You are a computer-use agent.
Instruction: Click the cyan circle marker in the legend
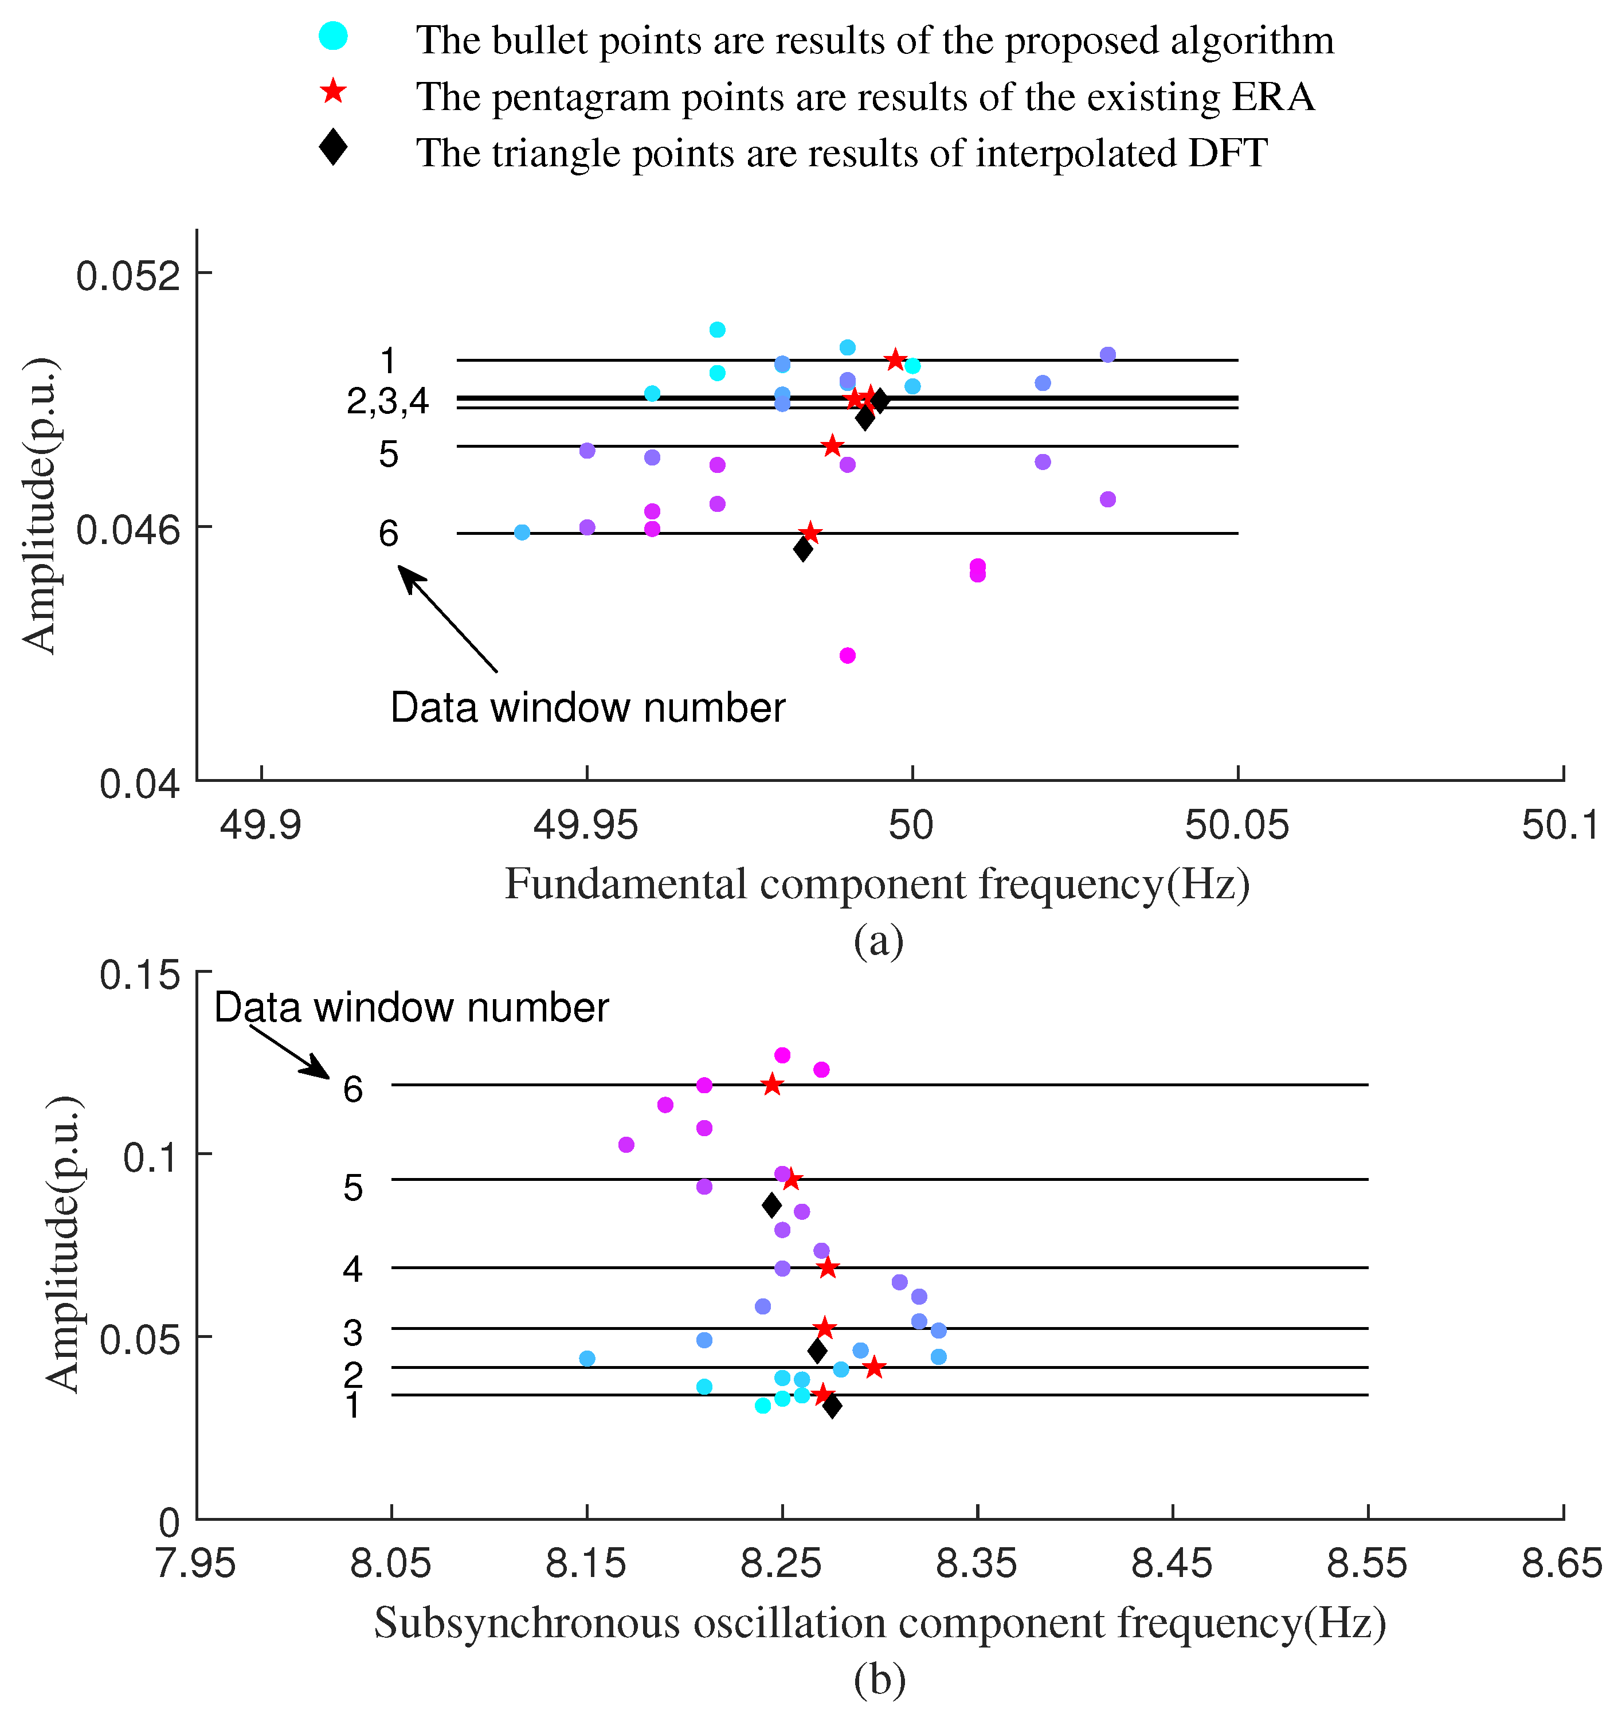[333, 36]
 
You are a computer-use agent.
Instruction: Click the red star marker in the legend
[333, 92]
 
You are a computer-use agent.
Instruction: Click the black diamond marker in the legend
[333, 147]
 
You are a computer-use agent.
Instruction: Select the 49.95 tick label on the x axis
[586, 825]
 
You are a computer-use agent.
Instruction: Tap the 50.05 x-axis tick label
[1237, 825]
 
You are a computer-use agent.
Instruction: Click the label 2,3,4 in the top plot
[388, 401]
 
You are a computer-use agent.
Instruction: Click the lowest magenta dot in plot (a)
[847, 656]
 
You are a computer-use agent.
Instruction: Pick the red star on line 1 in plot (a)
[895, 359]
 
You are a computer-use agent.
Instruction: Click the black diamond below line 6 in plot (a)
[803, 549]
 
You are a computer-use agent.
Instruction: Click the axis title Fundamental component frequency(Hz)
[877, 884]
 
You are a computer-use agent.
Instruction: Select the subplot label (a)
[878, 940]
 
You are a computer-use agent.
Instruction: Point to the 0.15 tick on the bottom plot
[140, 976]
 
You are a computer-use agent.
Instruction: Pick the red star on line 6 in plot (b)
[772, 1085]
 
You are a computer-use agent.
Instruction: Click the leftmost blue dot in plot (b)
[586, 1359]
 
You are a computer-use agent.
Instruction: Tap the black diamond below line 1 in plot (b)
[832, 1407]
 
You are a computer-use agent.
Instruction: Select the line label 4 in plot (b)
[352, 1269]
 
